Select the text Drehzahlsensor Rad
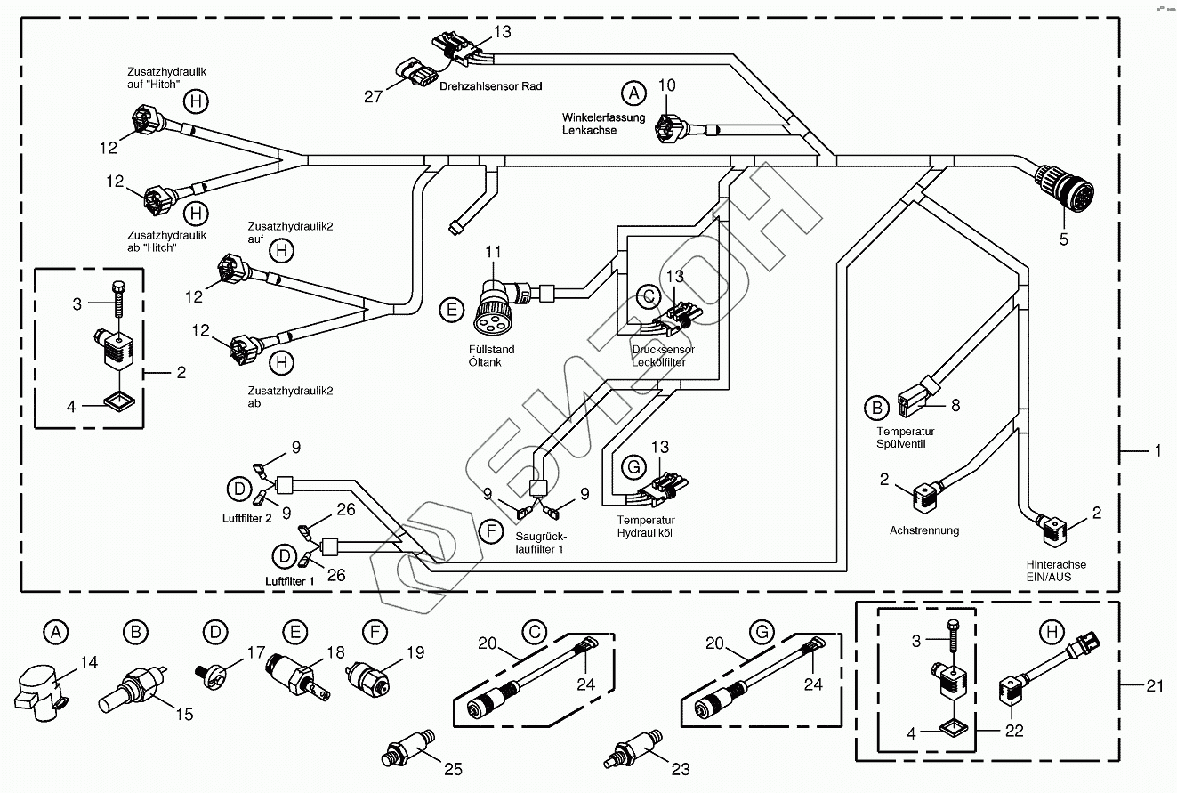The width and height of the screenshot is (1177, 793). (490, 86)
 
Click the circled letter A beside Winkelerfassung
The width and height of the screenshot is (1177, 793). (633, 92)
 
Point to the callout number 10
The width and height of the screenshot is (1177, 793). (667, 85)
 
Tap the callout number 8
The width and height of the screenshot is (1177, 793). (955, 405)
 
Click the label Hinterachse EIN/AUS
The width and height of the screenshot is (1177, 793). (1057, 570)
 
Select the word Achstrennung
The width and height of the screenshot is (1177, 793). (924, 530)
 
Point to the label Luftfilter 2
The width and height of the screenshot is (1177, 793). (243, 518)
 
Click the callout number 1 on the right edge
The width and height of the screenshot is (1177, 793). (1157, 452)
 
